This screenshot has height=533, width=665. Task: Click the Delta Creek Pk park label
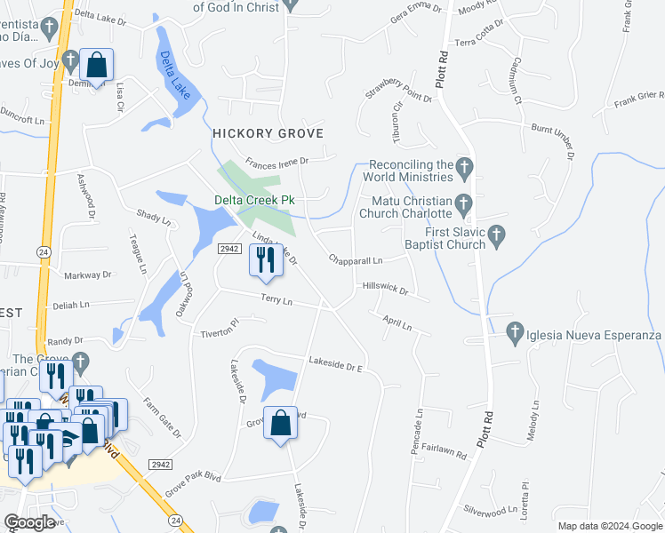click(253, 200)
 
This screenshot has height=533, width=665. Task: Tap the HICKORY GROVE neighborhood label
click(267, 132)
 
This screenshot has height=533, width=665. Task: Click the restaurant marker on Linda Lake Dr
click(264, 259)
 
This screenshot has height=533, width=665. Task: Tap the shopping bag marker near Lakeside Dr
click(281, 425)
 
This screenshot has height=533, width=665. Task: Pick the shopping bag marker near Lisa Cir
click(96, 65)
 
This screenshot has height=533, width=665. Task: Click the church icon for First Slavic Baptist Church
click(498, 235)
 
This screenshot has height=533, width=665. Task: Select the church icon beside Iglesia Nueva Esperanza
click(514, 334)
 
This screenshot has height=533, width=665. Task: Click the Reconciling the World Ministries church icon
click(463, 165)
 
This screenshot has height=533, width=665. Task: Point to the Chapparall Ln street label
click(355, 260)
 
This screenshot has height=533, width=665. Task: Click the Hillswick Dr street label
click(385, 289)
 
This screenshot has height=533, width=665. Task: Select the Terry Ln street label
click(276, 301)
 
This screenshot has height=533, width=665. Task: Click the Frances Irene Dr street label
click(276, 162)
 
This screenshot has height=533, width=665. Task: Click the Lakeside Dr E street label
click(337, 362)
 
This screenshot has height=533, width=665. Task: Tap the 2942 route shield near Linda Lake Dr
click(229, 249)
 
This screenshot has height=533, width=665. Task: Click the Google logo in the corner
click(29, 522)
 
